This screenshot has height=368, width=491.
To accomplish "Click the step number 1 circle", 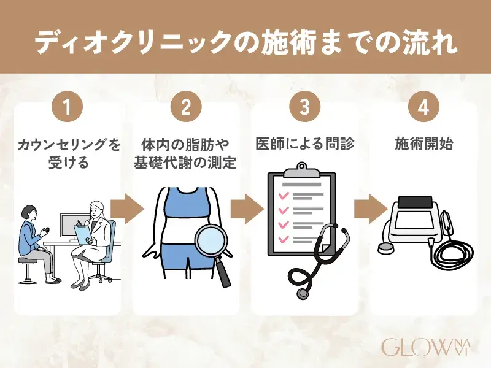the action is tap(67, 107).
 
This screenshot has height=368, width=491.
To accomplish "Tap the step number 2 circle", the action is tap(186, 107).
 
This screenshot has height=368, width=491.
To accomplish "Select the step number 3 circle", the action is tap(304, 107).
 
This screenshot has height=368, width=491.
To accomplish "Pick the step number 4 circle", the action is tap(423, 107).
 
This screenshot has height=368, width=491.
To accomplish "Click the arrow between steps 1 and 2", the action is tap(127, 209).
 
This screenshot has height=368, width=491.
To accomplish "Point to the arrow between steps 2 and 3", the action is tap(247, 209).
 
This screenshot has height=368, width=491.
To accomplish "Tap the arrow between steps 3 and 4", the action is tap(371, 209).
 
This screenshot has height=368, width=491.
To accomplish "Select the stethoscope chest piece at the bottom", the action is tap(303, 293).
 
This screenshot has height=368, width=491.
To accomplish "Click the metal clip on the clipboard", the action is tap(302, 171).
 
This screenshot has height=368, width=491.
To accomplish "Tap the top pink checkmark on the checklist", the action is tap(284, 196).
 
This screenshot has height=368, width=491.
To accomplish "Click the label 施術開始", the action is tap(423, 145).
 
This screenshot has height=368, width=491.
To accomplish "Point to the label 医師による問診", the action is tap(304, 144).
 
